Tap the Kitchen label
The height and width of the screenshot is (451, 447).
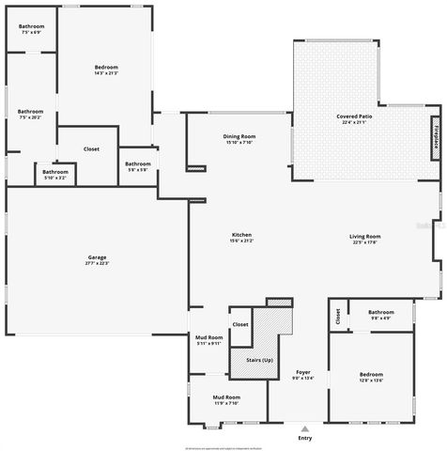[x=241, y=234]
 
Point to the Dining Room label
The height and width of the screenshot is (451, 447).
[x=239, y=136]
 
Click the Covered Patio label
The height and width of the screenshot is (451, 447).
[x=357, y=116]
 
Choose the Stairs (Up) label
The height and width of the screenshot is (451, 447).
[x=259, y=361]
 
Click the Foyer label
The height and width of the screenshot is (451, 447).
[x=303, y=373]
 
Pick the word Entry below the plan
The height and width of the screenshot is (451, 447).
[x=304, y=438]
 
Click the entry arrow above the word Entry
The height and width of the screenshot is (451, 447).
[x=304, y=428]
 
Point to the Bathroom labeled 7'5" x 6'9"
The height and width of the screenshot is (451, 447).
[x=31, y=28]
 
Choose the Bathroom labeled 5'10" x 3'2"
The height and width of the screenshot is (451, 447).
[x=54, y=172]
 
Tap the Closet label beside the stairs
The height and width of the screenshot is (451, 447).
[x=240, y=324]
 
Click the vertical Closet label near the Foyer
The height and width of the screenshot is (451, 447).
[x=338, y=317]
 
